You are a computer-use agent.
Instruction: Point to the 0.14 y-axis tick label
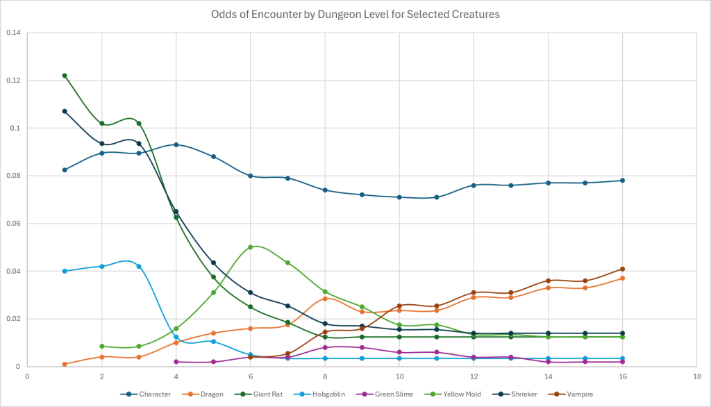[14, 33]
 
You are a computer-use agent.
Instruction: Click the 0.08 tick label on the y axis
[14, 176]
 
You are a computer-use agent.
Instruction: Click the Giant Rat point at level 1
[65, 76]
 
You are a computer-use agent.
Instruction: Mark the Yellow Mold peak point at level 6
[251, 247]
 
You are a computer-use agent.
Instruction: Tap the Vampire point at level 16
[622, 269]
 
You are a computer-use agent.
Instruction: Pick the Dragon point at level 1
[65, 364]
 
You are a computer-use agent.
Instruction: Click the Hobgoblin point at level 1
[65, 271]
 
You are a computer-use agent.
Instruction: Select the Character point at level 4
[176, 144]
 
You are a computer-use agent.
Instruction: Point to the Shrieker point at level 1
[65, 111]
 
